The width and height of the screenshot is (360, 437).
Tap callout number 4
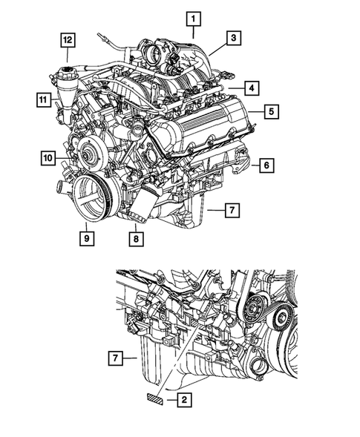[253, 88]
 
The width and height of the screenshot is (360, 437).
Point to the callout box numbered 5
[272, 112]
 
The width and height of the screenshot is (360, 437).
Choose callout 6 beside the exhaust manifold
[266, 166]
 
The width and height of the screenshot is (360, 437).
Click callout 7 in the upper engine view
[232, 211]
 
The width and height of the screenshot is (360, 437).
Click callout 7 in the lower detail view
[116, 359]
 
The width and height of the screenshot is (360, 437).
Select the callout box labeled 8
[136, 239]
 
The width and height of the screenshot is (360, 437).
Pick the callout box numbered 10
[48, 157]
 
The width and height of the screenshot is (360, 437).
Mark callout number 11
[43, 97]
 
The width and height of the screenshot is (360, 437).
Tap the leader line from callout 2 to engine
[179, 349]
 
